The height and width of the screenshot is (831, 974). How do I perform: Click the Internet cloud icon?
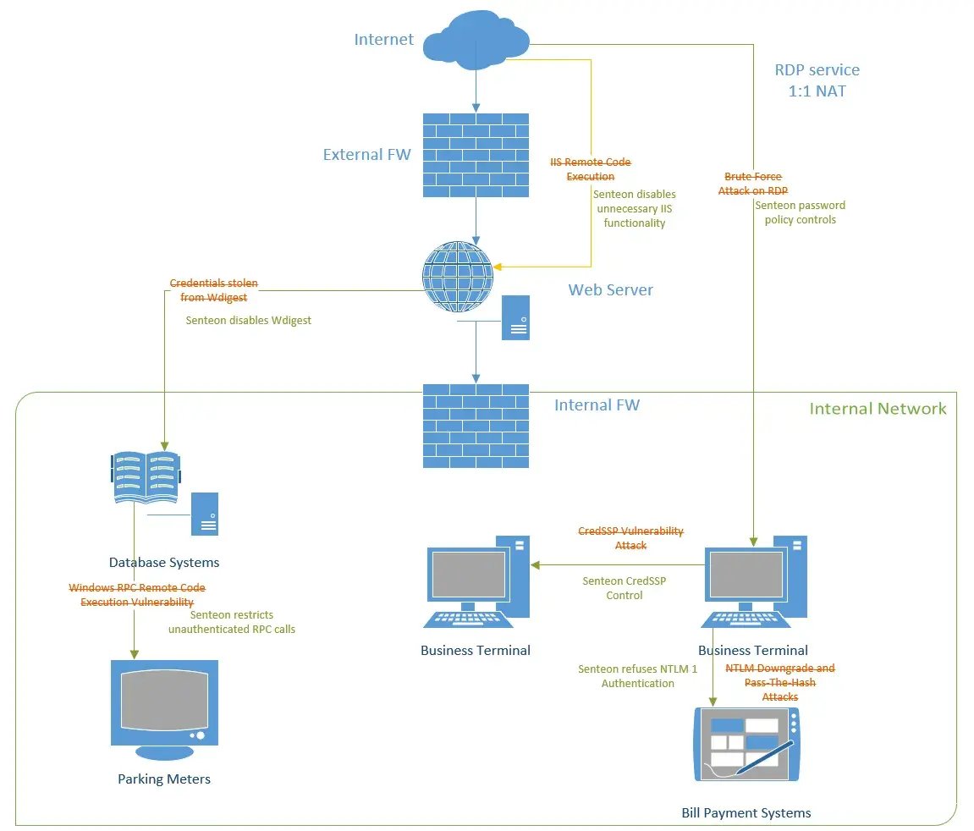click(476, 40)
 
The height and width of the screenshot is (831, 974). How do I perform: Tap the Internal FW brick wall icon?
click(476, 426)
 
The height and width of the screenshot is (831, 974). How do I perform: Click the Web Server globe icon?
click(457, 277)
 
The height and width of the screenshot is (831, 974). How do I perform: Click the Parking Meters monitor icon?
click(164, 709)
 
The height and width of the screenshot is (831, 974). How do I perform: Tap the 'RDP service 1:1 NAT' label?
click(817, 80)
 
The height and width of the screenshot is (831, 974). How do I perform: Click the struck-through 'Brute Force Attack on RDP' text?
click(753, 184)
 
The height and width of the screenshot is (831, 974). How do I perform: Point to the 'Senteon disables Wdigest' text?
click(248, 321)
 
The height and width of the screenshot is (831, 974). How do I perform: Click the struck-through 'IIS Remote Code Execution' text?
click(591, 169)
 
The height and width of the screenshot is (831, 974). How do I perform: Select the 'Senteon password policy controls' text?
click(800, 212)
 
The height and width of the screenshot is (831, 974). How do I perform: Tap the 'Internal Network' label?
click(878, 409)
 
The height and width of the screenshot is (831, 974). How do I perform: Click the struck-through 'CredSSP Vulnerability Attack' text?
click(630, 538)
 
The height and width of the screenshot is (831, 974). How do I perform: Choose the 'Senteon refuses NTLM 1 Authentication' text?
click(637, 676)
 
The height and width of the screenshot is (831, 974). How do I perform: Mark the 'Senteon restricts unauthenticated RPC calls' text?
click(232, 622)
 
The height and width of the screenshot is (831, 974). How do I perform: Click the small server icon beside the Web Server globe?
click(515, 318)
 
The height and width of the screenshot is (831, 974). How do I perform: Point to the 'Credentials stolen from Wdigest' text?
click(214, 290)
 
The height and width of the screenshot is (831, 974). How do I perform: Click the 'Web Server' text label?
click(610, 289)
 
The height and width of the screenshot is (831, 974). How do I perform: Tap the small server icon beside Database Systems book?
click(205, 514)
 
